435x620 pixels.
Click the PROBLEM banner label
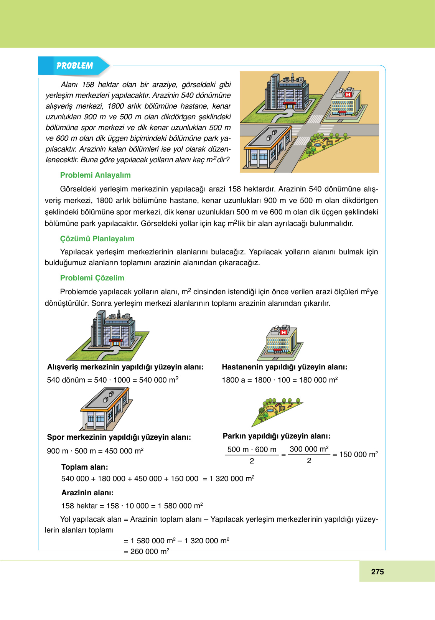[74, 66]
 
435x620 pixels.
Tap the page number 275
[377, 572]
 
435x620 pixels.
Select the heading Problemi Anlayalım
[95, 175]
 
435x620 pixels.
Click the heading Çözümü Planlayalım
[97, 239]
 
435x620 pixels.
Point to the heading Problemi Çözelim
[92, 278]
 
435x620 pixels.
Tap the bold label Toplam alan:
[84, 467]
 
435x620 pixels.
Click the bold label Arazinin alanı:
[87, 493]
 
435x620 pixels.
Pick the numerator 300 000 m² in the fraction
[309, 449]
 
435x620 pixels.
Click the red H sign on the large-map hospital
[348, 94]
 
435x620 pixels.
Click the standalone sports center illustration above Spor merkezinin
[105, 409]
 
